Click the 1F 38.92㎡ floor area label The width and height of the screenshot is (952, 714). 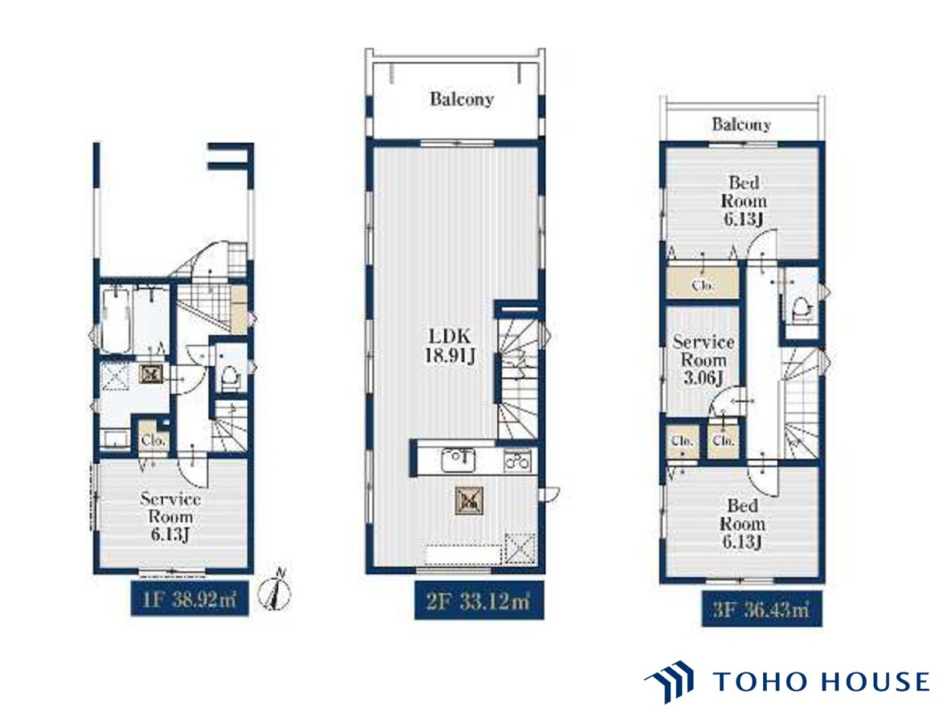[x=190, y=600]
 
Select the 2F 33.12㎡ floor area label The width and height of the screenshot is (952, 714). [x=479, y=602]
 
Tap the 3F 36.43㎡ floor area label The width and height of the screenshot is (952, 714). [x=762, y=611]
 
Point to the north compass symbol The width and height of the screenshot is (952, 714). [x=274, y=591]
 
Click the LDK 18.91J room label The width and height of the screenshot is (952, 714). [x=450, y=346]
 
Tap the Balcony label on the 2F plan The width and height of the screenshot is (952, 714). [x=462, y=99]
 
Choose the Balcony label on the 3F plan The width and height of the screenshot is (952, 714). [x=742, y=125]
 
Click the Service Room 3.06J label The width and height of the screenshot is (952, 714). [x=703, y=360]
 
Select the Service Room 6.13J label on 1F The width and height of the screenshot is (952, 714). [x=170, y=517]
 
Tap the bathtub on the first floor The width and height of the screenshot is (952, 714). [x=116, y=321]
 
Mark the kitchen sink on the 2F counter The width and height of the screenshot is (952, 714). [x=458, y=460]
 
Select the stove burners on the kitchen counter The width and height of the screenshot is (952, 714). [x=518, y=460]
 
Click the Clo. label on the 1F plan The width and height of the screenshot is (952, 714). [x=153, y=441]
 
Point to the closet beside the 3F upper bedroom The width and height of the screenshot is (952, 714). [x=702, y=283]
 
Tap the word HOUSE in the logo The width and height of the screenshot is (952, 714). [x=875, y=681]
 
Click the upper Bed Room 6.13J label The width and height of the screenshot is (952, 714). [x=744, y=201]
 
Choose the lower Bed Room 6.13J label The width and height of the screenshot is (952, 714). [x=742, y=524]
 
